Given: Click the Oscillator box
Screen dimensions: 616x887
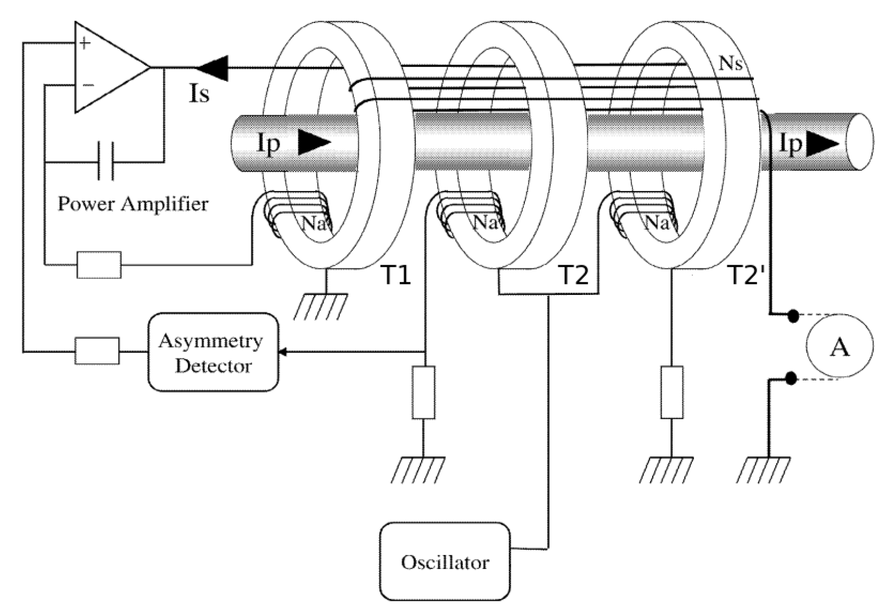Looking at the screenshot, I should (x=445, y=561).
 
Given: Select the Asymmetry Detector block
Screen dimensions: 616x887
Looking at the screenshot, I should (x=213, y=352).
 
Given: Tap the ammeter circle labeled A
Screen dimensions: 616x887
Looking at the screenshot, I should (x=839, y=346).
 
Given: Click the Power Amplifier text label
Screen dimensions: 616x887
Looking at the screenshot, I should (x=133, y=204).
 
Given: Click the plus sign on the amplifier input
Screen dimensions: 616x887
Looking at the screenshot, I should (x=85, y=43).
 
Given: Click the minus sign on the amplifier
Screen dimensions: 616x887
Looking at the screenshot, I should (x=88, y=85).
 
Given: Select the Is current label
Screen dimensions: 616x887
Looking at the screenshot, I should (x=198, y=94).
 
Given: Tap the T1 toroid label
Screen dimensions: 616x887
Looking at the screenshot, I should (x=397, y=275).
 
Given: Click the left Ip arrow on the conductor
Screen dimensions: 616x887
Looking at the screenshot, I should (x=314, y=143).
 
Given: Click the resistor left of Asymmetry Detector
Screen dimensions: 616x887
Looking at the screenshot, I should (x=97, y=351).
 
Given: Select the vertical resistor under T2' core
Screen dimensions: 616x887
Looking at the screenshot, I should (x=672, y=393).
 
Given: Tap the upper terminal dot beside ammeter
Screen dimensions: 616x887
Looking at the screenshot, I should (x=792, y=316).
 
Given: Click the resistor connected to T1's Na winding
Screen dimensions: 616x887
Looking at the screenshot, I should (x=99, y=265).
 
